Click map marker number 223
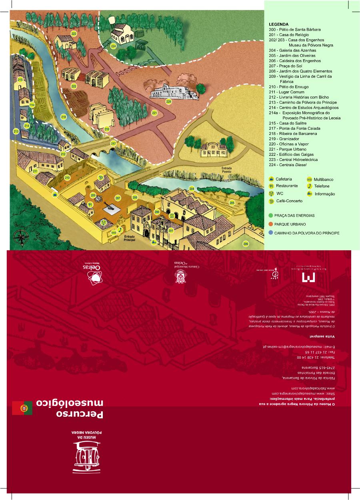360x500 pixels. pos(74,34)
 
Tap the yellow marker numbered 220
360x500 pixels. pos(169,102)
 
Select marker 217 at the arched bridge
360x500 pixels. pos(113,143)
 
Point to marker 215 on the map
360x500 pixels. pos(20,80)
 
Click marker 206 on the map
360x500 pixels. pos(245,243)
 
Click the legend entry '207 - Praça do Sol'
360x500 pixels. pos(285,66)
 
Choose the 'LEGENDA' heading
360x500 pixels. pos(278,24)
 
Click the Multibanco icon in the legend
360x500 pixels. pos(309,179)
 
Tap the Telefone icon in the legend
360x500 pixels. pos(309,186)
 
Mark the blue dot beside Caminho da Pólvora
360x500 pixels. pos(271,233)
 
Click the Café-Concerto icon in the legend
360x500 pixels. pos(271,201)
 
